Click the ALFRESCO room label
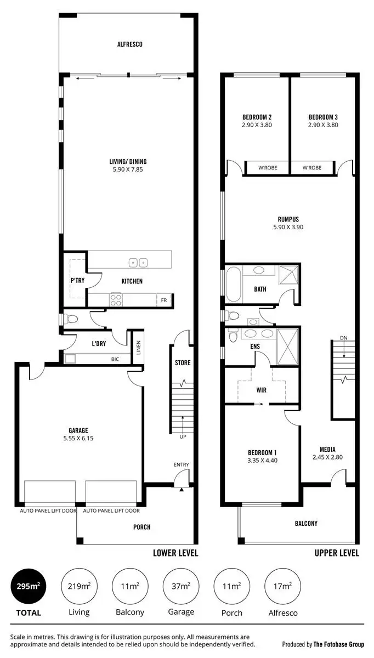(129, 44)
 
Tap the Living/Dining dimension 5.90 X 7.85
(127, 170)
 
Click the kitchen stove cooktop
(116, 299)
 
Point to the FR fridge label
(163, 300)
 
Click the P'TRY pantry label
(77, 281)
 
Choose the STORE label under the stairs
(183, 362)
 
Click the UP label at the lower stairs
(183, 437)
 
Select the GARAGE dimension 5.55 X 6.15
(78, 439)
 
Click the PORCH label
(141, 527)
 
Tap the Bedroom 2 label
(257, 117)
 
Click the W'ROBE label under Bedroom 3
(311, 168)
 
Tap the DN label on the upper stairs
(343, 338)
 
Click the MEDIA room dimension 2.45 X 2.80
(327, 457)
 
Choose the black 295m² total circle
(28, 587)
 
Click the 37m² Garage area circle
(181, 587)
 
